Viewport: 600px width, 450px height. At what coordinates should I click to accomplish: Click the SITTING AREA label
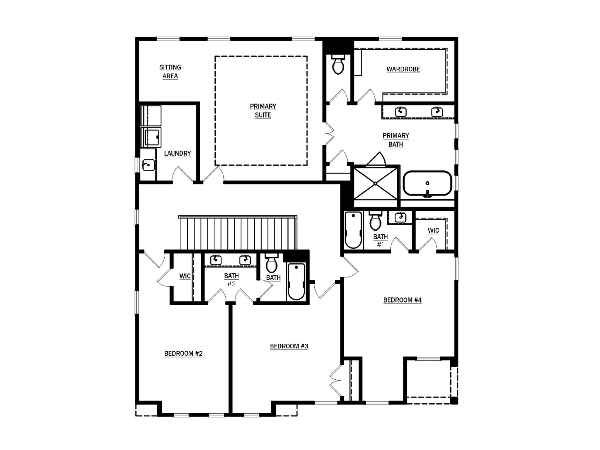(170, 71)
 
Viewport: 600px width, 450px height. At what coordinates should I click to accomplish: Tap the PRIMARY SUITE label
(263, 110)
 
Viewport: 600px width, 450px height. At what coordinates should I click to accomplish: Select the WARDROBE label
(403, 69)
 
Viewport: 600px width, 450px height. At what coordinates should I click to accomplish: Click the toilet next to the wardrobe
(338, 65)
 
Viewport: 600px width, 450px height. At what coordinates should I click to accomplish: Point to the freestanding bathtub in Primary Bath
(427, 183)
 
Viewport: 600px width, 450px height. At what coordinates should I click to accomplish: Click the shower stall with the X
(376, 184)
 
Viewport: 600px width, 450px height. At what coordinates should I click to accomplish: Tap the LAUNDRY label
(177, 153)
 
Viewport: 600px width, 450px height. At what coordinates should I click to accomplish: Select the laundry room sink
(148, 165)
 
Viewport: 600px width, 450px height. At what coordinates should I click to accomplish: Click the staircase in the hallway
(237, 233)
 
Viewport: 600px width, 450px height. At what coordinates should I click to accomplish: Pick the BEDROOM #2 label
(183, 354)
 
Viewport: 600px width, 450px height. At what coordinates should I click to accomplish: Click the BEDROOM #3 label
(289, 346)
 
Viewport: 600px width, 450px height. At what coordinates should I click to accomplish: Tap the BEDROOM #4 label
(402, 300)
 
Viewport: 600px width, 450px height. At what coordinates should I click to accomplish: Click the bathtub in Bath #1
(353, 230)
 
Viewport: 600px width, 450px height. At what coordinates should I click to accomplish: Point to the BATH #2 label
(231, 279)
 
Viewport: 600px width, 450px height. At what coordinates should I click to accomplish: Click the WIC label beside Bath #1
(433, 231)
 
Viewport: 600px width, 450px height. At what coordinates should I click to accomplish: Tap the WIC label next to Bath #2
(185, 276)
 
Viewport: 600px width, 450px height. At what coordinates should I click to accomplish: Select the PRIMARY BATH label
(396, 140)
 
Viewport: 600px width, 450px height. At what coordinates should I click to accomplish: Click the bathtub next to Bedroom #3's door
(296, 281)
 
